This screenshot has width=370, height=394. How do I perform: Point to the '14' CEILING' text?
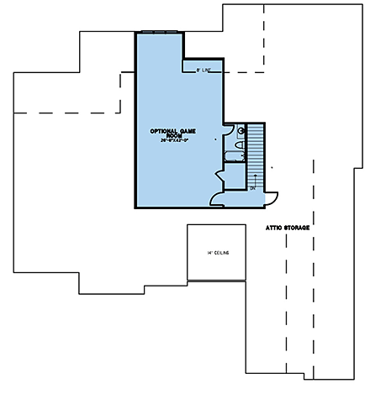coord(218,252)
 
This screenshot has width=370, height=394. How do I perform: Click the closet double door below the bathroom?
coord(220,175)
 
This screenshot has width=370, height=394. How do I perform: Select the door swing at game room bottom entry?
coord(217,197)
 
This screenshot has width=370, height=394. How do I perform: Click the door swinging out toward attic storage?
coord(272,197)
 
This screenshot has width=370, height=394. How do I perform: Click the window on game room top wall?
coord(160,33)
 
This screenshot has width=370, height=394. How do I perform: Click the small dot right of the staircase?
coord(272,168)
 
